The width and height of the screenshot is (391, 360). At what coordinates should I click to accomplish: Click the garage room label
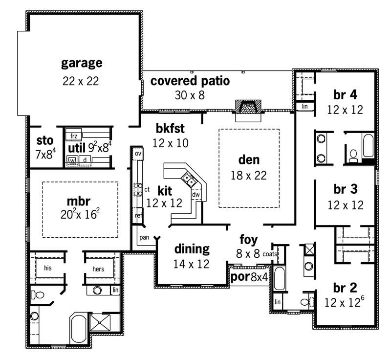(82, 63)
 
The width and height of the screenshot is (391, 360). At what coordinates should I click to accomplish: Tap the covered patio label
(190, 81)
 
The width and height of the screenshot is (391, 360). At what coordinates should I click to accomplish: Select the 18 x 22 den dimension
(249, 175)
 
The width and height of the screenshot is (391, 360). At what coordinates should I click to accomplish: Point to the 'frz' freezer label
(74, 135)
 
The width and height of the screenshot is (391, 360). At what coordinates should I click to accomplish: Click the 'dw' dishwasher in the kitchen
(196, 195)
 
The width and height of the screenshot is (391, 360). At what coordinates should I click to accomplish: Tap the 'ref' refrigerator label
(138, 215)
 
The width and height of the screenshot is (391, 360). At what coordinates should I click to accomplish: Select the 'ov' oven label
(138, 154)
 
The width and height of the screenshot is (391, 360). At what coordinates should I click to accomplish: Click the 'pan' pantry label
(144, 237)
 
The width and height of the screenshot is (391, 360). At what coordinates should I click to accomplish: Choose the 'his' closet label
(48, 268)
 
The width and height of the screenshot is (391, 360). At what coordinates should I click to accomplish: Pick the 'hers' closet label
(99, 268)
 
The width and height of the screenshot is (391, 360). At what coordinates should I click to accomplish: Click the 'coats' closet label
(270, 254)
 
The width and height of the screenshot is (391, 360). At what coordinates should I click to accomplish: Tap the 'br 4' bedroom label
(345, 94)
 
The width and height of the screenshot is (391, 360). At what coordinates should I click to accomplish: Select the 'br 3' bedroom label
(345, 189)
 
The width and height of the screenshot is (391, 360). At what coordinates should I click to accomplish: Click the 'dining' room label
(192, 249)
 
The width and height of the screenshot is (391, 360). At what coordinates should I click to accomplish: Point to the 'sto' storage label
(44, 140)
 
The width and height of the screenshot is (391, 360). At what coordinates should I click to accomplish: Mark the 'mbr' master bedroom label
(80, 201)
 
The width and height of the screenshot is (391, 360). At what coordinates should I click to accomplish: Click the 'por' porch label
(239, 277)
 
